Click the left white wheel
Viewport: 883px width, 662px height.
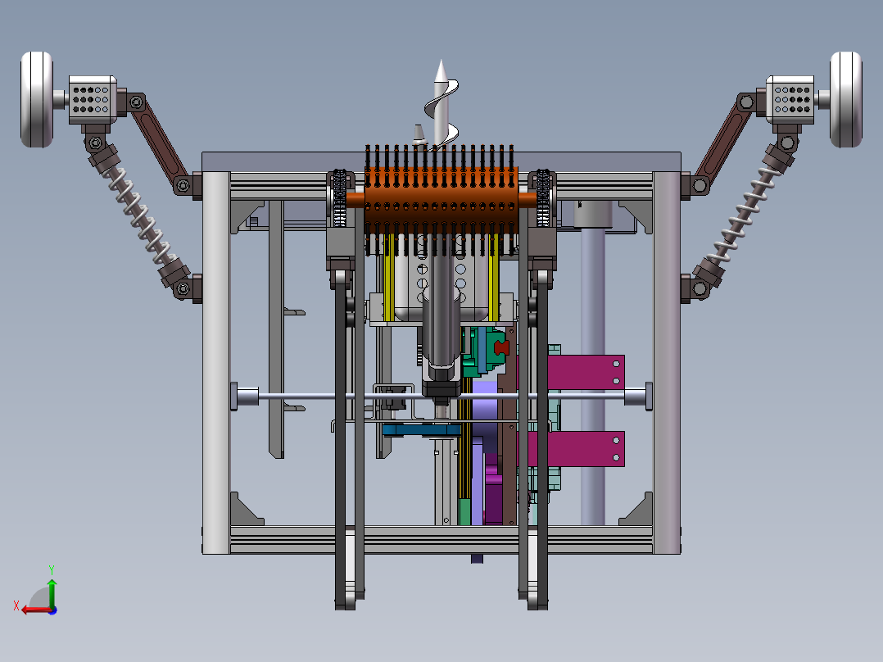point(37,100)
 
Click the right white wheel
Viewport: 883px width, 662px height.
point(846,100)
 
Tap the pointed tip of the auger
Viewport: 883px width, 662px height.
point(441,61)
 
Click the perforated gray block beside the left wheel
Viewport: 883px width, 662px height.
point(93,100)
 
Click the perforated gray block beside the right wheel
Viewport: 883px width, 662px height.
point(790,100)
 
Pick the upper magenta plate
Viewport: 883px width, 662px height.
point(586,373)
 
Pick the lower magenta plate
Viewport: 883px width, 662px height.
point(586,449)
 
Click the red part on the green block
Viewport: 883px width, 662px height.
point(500,347)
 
